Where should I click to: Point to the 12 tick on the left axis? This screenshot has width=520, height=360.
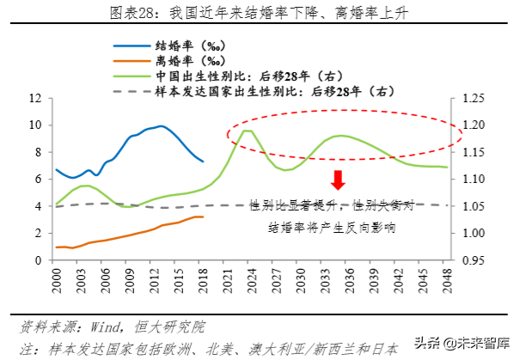coord(36,98)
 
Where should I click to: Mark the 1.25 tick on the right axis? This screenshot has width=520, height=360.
coord(472,98)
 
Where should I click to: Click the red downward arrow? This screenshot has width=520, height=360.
coord(338,179)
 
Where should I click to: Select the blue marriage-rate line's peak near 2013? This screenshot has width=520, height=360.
coord(160,126)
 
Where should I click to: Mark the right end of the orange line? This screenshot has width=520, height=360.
coord(203,217)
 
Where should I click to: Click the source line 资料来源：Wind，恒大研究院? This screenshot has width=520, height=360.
coord(112,327)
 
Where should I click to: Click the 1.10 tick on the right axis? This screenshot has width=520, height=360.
coord(472,180)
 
